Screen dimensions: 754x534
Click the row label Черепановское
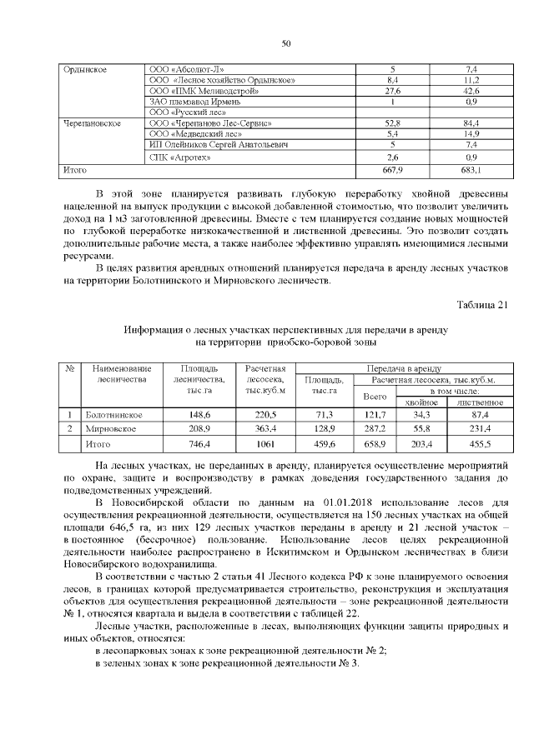point(93,123)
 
